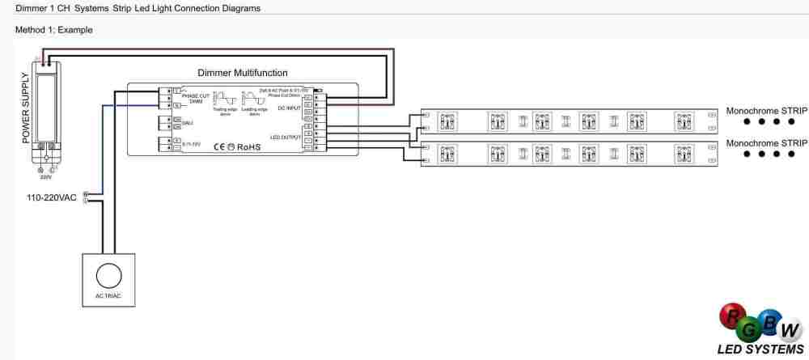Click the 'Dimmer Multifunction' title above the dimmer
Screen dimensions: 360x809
click(242, 73)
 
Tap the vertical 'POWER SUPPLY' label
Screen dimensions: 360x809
click(25, 108)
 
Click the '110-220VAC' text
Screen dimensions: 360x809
click(51, 197)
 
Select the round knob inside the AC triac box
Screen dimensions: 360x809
click(108, 277)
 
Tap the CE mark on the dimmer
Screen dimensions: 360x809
click(220, 147)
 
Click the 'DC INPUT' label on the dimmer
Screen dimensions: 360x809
click(289, 108)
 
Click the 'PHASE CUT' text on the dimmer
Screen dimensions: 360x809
click(196, 96)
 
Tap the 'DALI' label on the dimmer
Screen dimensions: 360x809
click(188, 124)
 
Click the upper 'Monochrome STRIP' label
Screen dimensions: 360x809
click(766, 111)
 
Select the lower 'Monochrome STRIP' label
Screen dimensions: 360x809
click(766, 142)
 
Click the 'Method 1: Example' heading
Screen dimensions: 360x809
click(54, 30)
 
